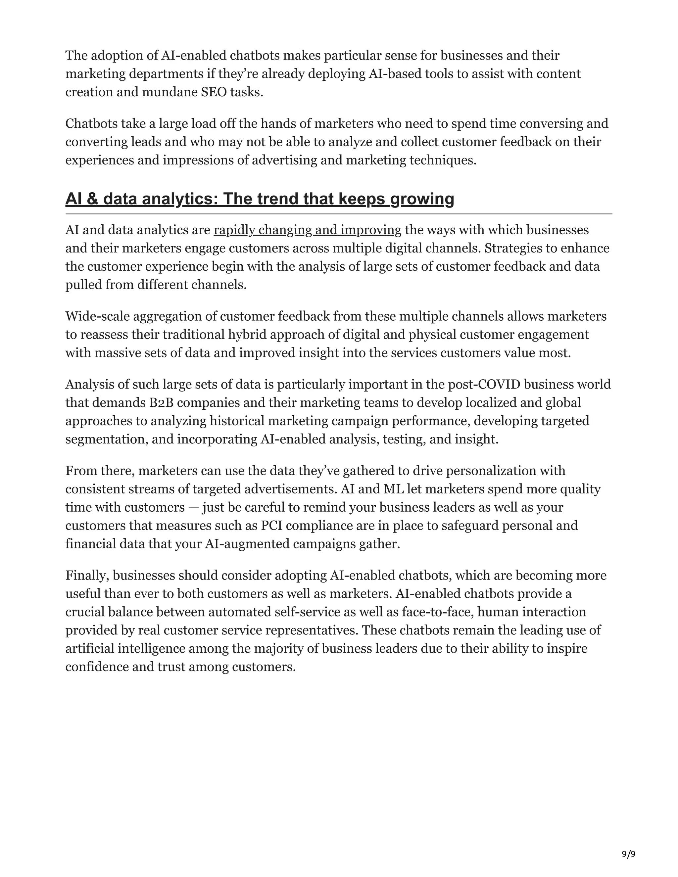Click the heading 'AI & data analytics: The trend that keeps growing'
pyautogui.click(x=260, y=199)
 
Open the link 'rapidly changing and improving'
pyautogui.click(x=307, y=230)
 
